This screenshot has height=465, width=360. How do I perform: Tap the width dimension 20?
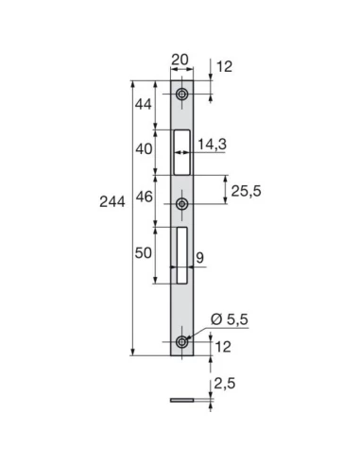[180, 60]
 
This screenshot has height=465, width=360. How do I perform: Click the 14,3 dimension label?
[213, 144]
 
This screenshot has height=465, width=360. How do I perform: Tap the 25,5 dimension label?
[245, 191]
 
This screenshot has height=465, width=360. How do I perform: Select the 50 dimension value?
[143, 254]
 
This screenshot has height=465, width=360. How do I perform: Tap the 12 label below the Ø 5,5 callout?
[222, 347]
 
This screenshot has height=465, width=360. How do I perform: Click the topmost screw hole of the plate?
[181, 95]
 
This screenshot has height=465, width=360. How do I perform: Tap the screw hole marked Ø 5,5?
[181, 341]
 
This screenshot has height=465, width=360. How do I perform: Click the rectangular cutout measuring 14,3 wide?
[181, 151]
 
